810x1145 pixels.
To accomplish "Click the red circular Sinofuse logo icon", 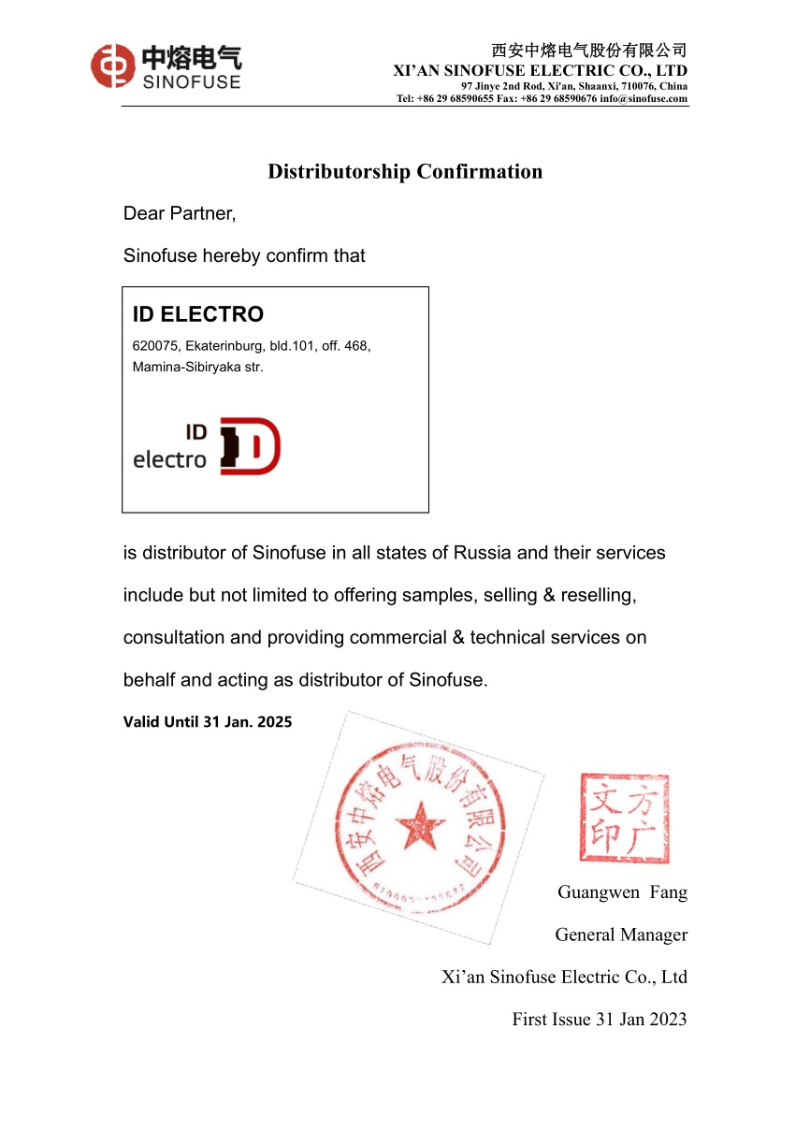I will coord(112,66).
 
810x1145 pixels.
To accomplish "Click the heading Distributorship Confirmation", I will coord(405,171).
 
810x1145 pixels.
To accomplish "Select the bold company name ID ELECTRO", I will coord(198,314).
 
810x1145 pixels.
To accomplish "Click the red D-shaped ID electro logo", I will coord(250,446).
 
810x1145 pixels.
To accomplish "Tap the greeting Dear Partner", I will coord(180,213).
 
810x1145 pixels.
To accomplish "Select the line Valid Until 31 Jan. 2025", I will coord(208,721).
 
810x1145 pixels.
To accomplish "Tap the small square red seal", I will coord(624,818).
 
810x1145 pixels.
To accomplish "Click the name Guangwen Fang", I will coord(622,891).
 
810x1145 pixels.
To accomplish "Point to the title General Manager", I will coord(621,935).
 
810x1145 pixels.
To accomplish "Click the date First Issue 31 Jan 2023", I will coord(599,1020).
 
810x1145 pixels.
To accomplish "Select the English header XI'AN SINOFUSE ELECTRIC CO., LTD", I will coord(540,70).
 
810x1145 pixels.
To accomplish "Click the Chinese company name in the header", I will coord(589,51).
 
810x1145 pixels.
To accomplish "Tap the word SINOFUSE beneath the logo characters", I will coord(192,81).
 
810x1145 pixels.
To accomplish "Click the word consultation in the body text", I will coord(174,637).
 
